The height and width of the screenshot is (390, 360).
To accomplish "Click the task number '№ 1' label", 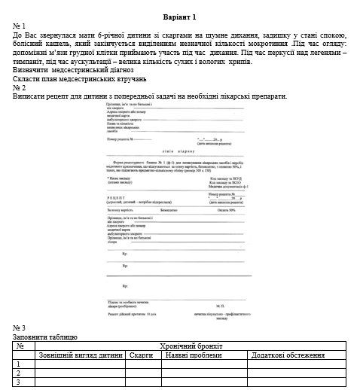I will coord(20,26).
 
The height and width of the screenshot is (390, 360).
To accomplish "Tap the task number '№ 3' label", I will coord(20,328).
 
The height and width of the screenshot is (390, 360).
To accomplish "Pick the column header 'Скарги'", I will coord(142,355).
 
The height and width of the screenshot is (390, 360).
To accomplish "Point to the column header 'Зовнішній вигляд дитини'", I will coord(81,355).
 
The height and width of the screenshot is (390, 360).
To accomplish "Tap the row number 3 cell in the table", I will coord(18,382).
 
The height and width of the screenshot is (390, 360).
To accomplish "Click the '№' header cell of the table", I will coord(20,346).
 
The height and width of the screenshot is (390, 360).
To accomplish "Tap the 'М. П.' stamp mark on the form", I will coord(222,306).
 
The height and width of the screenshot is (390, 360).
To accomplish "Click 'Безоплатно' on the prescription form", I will coord(170,210).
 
